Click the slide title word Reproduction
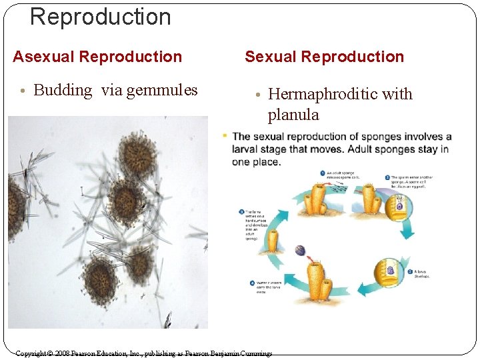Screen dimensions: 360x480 (x=101, y=17)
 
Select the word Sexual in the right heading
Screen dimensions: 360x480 (x=270, y=57)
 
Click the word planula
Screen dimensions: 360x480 (x=293, y=115)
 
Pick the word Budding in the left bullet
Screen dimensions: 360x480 (x=63, y=90)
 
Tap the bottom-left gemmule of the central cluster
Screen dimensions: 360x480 (x=100, y=279)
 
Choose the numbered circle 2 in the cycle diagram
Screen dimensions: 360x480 (x=387, y=177)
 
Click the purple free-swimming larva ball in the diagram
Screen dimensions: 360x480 (x=300, y=251)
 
